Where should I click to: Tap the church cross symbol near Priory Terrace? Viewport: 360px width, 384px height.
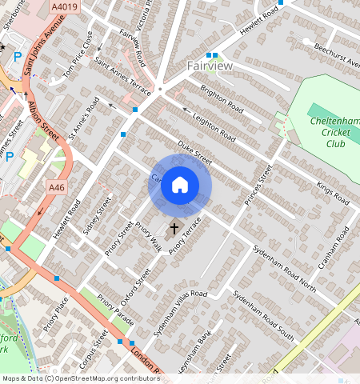(x=174, y=230)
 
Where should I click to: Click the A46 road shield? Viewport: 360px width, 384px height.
(x=55, y=187)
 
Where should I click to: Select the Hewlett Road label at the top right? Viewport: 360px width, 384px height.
(x=262, y=18)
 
